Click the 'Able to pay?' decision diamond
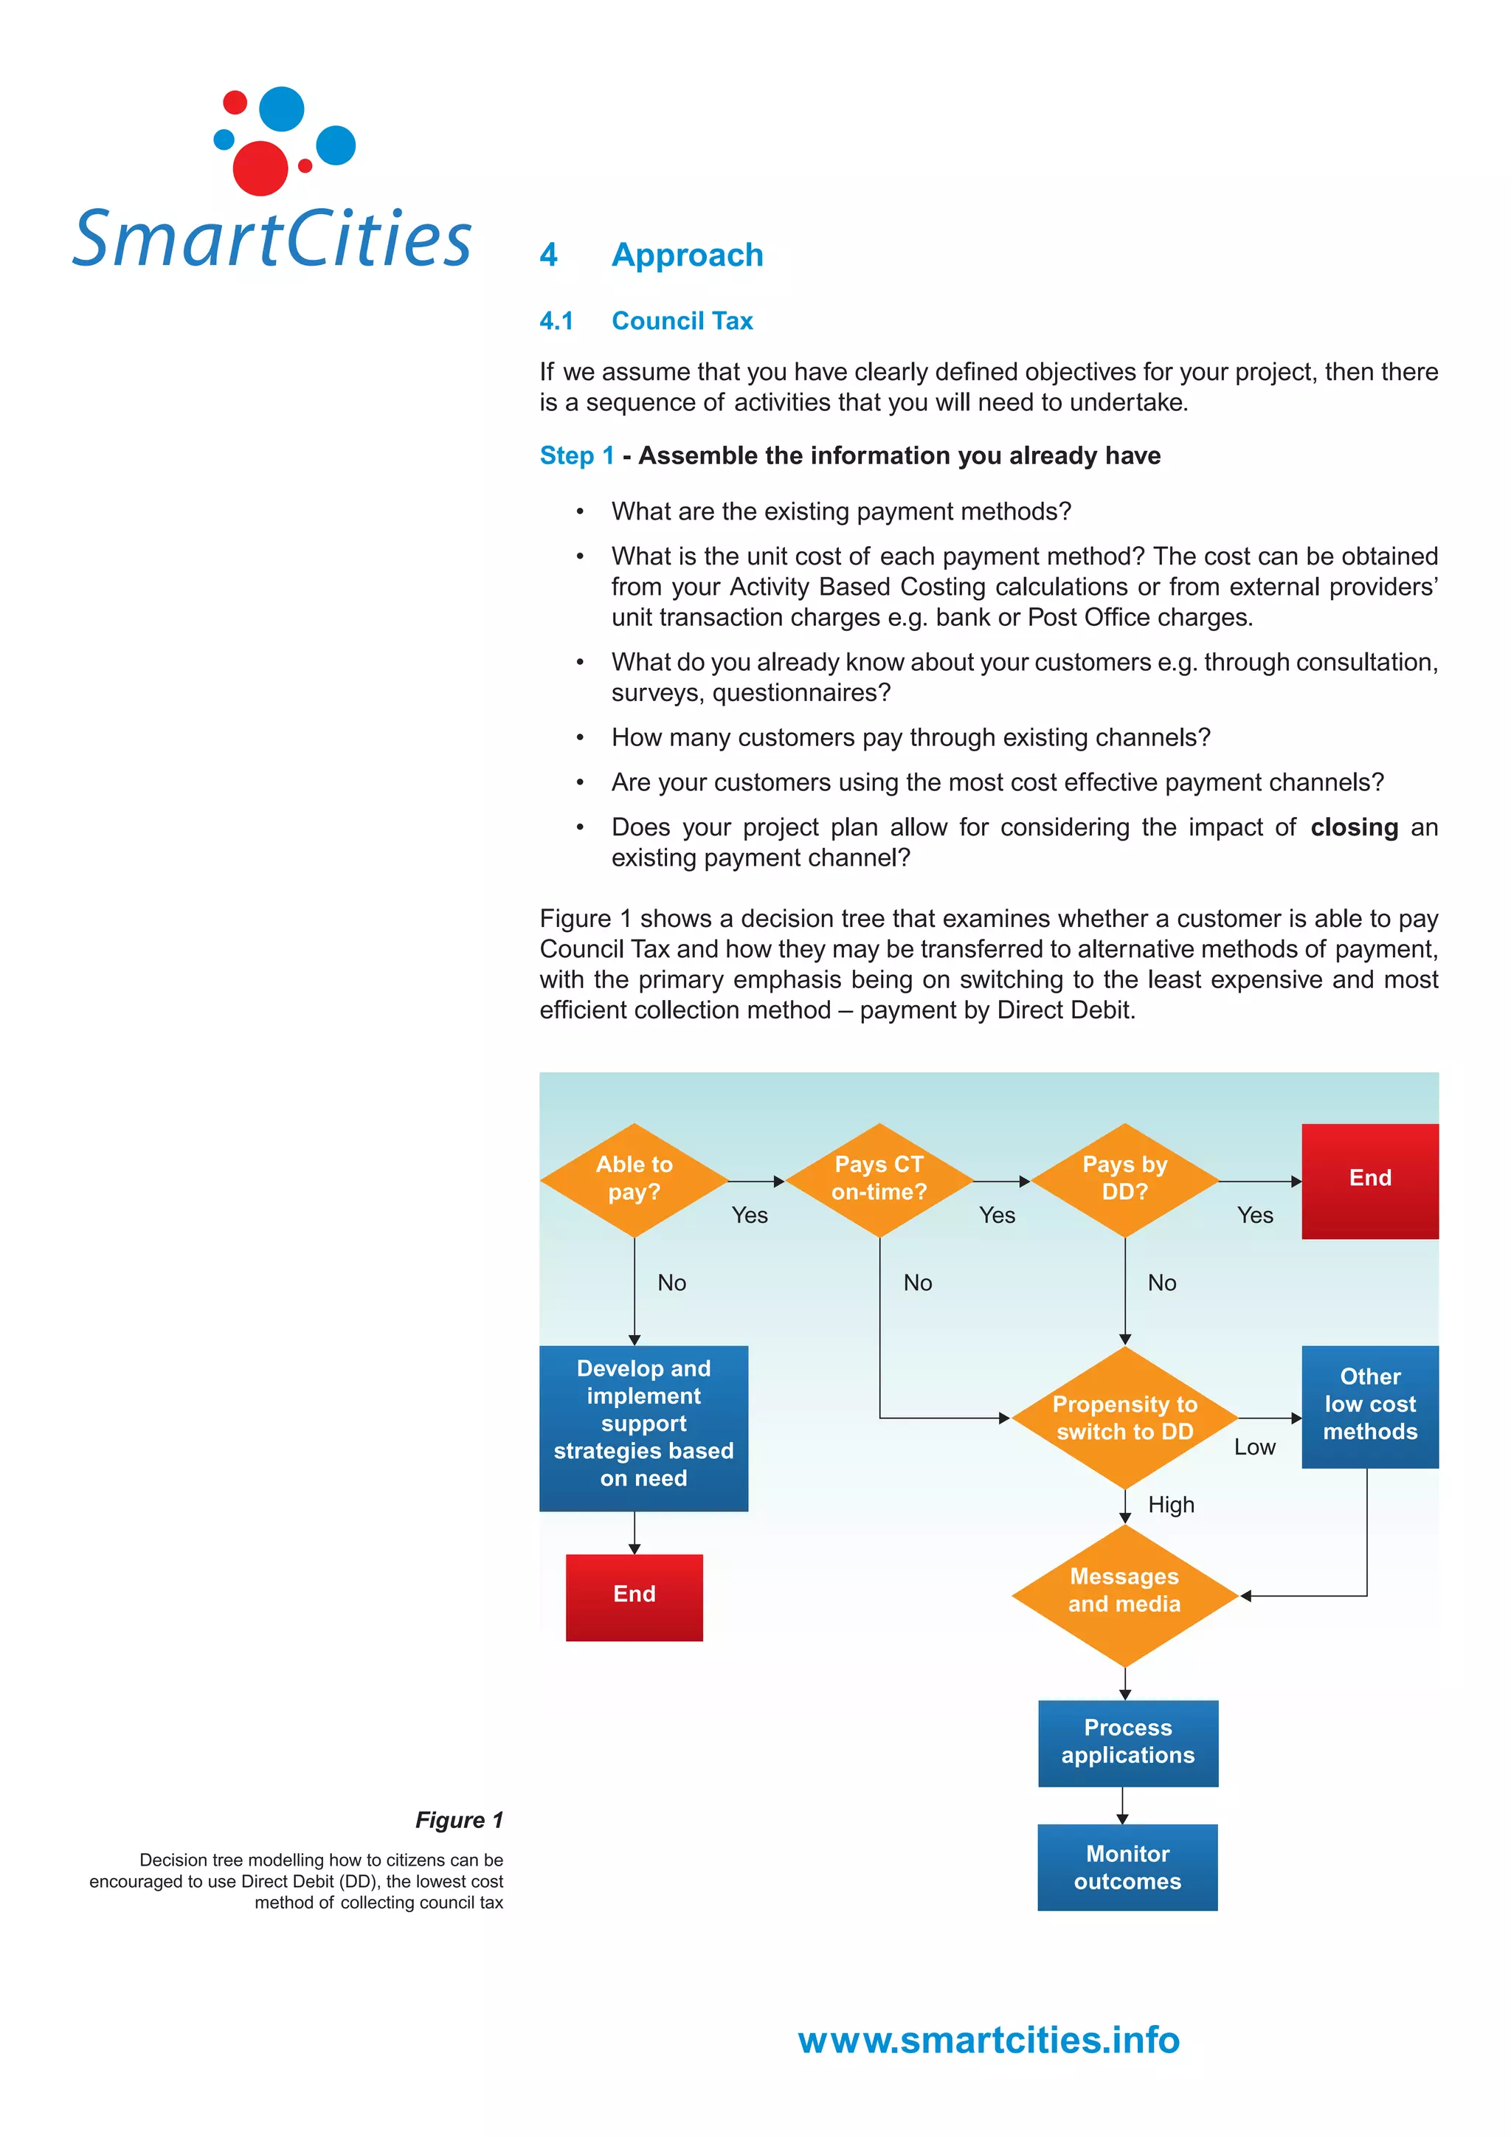coord(634,1179)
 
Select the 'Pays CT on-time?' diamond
coord(879,1179)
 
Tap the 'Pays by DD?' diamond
coord(1124,1179)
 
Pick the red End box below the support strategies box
coord(634,1596)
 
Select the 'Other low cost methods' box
coord(1369,1405)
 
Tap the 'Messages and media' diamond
coord(1124,1593)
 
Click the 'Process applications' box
coord(1127,1742)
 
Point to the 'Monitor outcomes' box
coord(1127,1868)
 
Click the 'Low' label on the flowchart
coord(1254,1447)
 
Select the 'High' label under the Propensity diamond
coord(1170,1505)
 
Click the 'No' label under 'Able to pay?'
coord(671,1283)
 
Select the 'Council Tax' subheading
coord(682,321)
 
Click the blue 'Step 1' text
coord(576,456)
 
